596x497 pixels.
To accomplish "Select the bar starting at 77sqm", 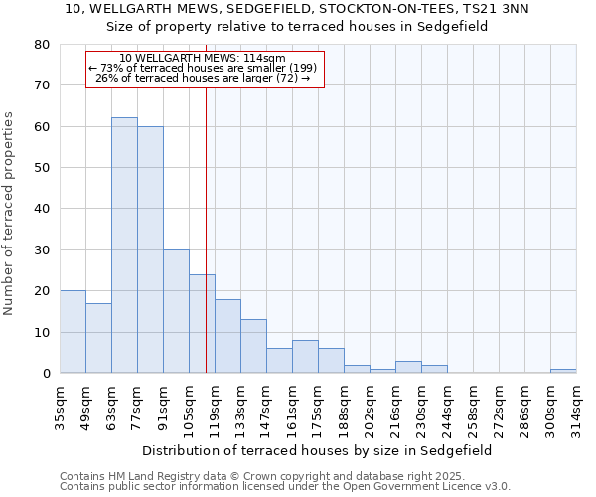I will [x=150, y=249].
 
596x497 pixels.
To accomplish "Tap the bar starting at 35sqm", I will [x=73, y=332].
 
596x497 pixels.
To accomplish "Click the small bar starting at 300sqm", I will [x=563, y=371].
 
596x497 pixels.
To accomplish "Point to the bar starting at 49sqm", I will [x=98, y=338].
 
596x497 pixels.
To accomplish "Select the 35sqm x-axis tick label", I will [x=60, y=408].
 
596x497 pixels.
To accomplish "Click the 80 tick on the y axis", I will [x=42, y=45].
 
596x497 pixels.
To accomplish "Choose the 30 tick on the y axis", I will [x=42, y=250].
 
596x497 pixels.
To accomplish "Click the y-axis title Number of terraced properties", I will [x=10, y=214].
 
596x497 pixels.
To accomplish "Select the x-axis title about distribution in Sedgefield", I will [x=317, y=450].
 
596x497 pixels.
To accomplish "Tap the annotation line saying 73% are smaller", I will [x=204, y=68].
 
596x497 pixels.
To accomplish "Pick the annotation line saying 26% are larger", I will [x=204, y=79].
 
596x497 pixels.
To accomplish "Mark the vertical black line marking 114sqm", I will [x=206, y=248].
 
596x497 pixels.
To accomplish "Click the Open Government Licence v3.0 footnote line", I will [x=284, y=487].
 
